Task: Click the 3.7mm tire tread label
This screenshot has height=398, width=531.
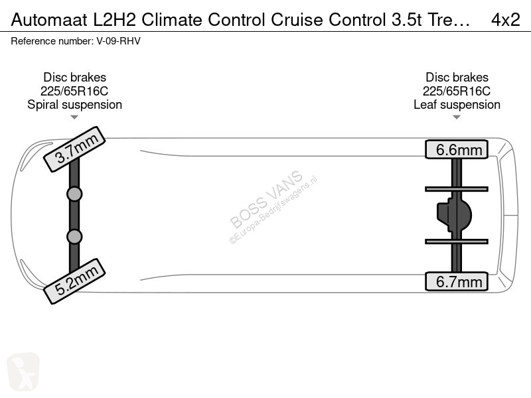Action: (75, 149)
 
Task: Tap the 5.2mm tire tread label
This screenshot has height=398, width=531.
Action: (75, 281)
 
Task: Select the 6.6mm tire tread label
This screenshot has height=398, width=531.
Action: (457, 149)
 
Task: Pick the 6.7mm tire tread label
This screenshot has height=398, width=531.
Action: (457, 281)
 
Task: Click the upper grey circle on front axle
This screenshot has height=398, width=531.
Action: (74, 194)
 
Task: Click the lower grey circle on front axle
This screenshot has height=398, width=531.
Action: (74, 237)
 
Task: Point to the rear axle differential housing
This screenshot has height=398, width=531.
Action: (454, 215)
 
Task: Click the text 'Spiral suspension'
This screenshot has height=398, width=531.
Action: (74, 105)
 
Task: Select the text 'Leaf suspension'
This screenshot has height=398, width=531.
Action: (457, 105)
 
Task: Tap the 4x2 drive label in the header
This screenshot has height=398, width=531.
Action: (505, 20)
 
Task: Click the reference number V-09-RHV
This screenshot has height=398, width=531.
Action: (119, 41)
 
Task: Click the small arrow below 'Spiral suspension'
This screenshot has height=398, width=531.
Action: (74, 117)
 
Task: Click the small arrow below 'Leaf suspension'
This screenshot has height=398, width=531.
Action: (457, 117)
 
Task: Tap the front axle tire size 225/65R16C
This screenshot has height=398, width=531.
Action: (74, 91)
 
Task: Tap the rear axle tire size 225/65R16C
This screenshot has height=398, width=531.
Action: (457, 91)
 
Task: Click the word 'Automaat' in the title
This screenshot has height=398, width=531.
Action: (49, 20)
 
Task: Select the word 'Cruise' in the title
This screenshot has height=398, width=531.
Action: (297, 20)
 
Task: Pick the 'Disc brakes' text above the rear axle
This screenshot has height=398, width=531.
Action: (457, 77)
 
